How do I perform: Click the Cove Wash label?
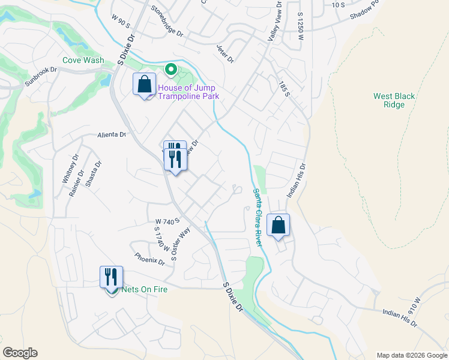click(83, 61)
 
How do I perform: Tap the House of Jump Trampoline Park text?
click(188, 92)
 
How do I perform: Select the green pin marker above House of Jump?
click(170, 71)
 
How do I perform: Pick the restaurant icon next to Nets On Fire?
click(112, 277)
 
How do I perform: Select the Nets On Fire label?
click(144, 289)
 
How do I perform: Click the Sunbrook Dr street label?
click(41, 70)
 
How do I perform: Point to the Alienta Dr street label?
click(112, 136)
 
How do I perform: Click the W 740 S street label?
click(167, 222)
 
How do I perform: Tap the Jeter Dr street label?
click(225, 56)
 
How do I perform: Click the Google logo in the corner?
click(20, 353)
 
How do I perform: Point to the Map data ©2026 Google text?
click(412, 355)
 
